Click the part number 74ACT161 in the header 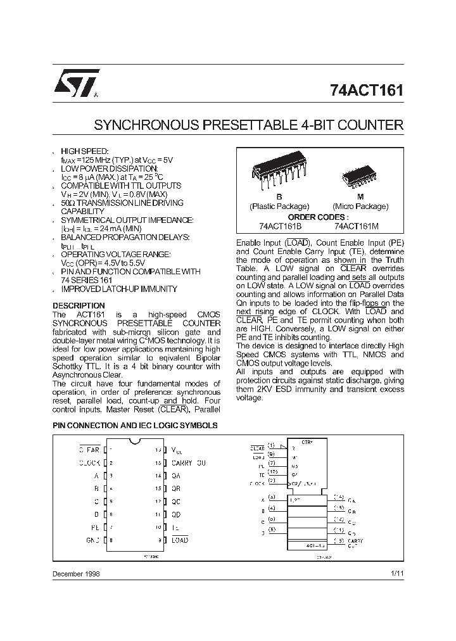[x=367, y=90]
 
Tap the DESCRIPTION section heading [x=79, y=305]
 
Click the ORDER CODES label [x=319, y=216]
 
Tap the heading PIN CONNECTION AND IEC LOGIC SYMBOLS [x=135, y=426]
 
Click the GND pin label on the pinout [x=92, y=540]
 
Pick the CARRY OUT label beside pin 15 [x=189, y=463]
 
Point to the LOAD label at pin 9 [x=180, y=540]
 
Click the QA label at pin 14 [x=176, y=476]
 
